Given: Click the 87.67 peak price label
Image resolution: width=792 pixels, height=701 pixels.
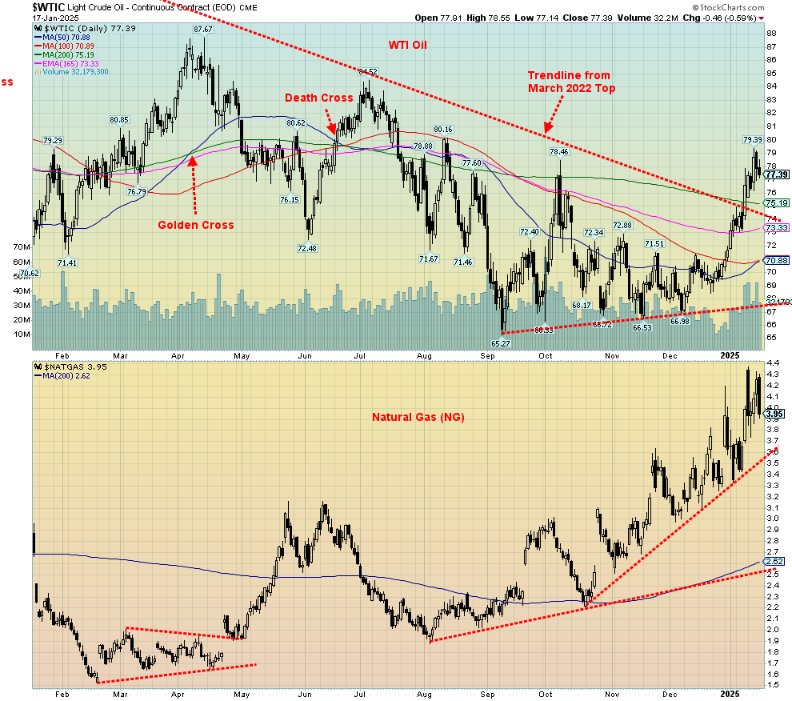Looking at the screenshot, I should tap(202, 30).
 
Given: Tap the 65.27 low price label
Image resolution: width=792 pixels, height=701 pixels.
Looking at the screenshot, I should tap(501, 342).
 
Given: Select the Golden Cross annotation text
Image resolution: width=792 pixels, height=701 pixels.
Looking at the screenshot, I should tap(196, 225).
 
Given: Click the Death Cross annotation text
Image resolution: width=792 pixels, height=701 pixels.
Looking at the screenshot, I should tap(320, 98).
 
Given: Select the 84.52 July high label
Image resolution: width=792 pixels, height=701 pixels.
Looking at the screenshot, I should tap(368, 72).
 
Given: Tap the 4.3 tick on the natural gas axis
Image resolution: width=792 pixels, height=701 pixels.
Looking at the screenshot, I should tap(773, 374).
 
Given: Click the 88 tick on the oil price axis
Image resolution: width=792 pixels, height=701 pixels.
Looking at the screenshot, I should tap(773, 34).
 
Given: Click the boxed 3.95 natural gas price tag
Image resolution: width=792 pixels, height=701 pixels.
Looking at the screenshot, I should tap(774, 413).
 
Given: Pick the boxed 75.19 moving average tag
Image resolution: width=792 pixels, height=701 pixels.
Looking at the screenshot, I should tap(777, 202).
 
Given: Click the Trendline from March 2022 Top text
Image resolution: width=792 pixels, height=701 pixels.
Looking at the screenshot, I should tap(571, 82).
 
